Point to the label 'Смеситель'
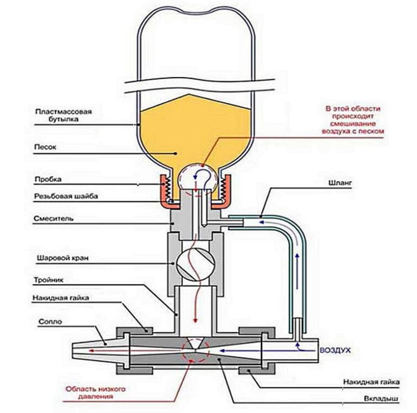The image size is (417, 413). point(53,219)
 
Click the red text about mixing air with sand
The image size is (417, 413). point(355,120)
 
